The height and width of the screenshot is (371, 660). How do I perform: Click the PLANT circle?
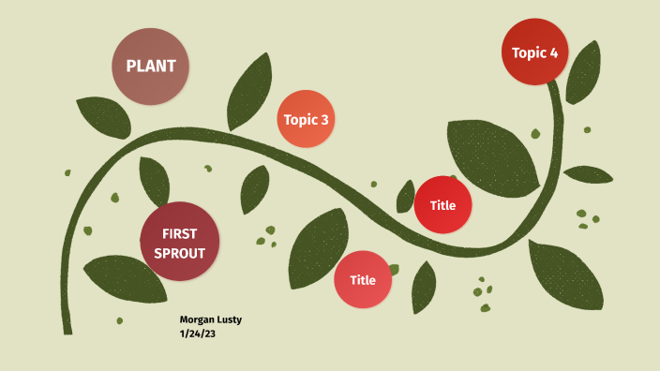151,67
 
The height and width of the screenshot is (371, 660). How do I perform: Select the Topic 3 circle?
307,119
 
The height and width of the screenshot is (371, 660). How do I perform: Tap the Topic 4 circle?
535,52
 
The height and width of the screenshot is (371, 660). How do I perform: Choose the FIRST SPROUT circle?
179,243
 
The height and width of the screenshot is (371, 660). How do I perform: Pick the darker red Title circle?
442,205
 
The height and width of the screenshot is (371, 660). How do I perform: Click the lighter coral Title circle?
363,279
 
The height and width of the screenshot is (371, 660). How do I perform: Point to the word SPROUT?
179,254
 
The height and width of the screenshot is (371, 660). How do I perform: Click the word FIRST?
179,233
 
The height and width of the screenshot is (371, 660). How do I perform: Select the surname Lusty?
230,319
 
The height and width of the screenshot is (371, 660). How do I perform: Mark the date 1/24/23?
198,333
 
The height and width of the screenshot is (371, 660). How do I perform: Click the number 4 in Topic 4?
553,52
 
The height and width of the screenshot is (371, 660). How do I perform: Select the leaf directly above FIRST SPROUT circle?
155,180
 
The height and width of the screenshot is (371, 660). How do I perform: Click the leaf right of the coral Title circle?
424,286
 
